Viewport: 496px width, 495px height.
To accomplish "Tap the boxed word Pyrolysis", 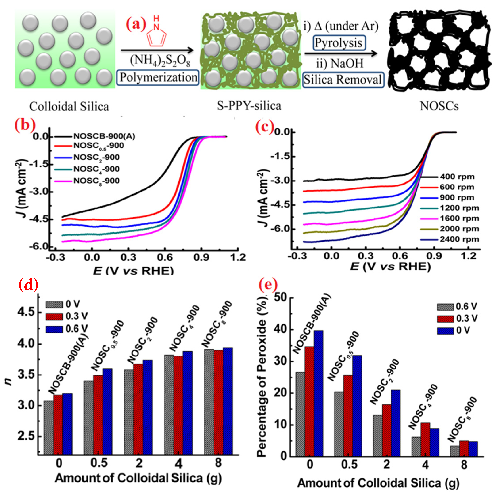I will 339,43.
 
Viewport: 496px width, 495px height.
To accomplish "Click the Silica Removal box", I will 343,80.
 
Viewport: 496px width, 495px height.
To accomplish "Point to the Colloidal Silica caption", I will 69,107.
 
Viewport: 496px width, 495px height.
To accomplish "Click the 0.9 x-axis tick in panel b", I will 201,257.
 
